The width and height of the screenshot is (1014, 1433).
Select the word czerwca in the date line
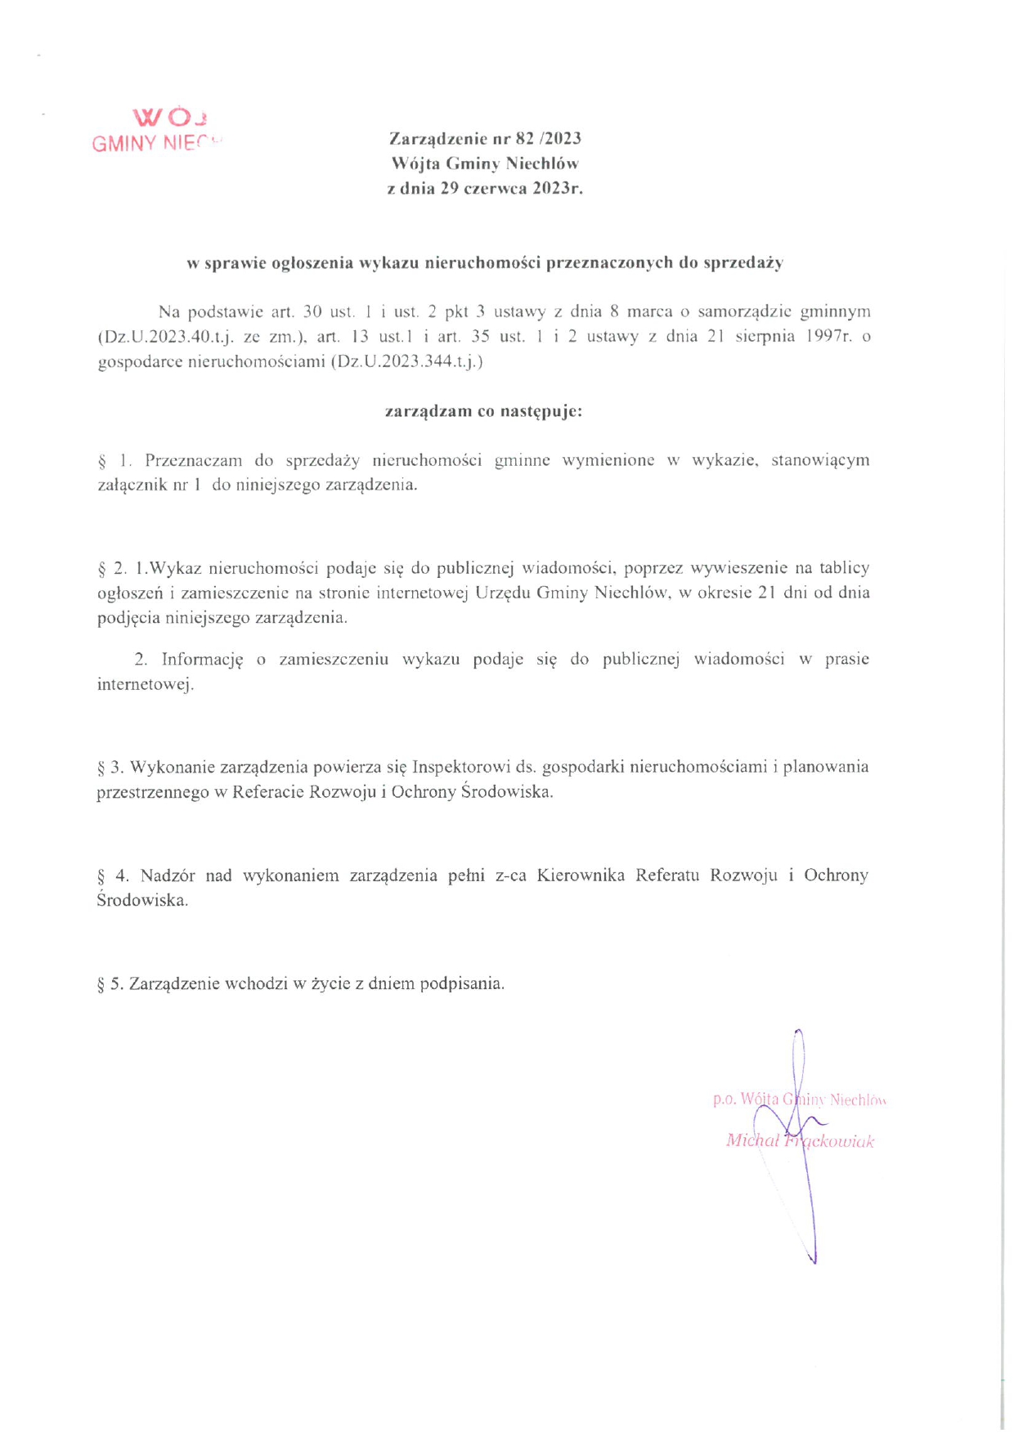point(496,189)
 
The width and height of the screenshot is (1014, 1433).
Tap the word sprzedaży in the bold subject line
point(743,262)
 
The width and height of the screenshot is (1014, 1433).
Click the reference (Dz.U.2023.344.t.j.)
point(407,360)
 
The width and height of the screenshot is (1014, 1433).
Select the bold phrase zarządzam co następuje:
point(483,410)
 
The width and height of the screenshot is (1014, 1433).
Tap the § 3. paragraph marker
point(110,767)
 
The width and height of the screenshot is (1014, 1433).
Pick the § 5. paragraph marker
point(110,983)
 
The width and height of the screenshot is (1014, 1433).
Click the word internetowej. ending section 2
point(146,684)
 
